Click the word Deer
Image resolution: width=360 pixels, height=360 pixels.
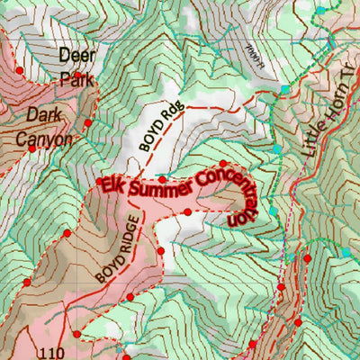pos(76,55)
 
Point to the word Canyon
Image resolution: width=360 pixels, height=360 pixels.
pos(42,139)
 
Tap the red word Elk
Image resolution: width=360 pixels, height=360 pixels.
pos(112,186)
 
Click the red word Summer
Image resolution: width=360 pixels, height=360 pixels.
pos(158,186)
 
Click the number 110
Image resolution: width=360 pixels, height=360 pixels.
pos(53,350)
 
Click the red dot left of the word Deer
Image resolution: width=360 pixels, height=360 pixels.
pos(19,69)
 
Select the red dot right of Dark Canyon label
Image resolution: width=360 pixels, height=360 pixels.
pos(87,123)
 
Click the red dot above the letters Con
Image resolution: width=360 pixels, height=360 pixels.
pos(224,163)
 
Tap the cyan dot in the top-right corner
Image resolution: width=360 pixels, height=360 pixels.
pos(319,10)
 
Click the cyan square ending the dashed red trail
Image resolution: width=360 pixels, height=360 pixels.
pos(284,88)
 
